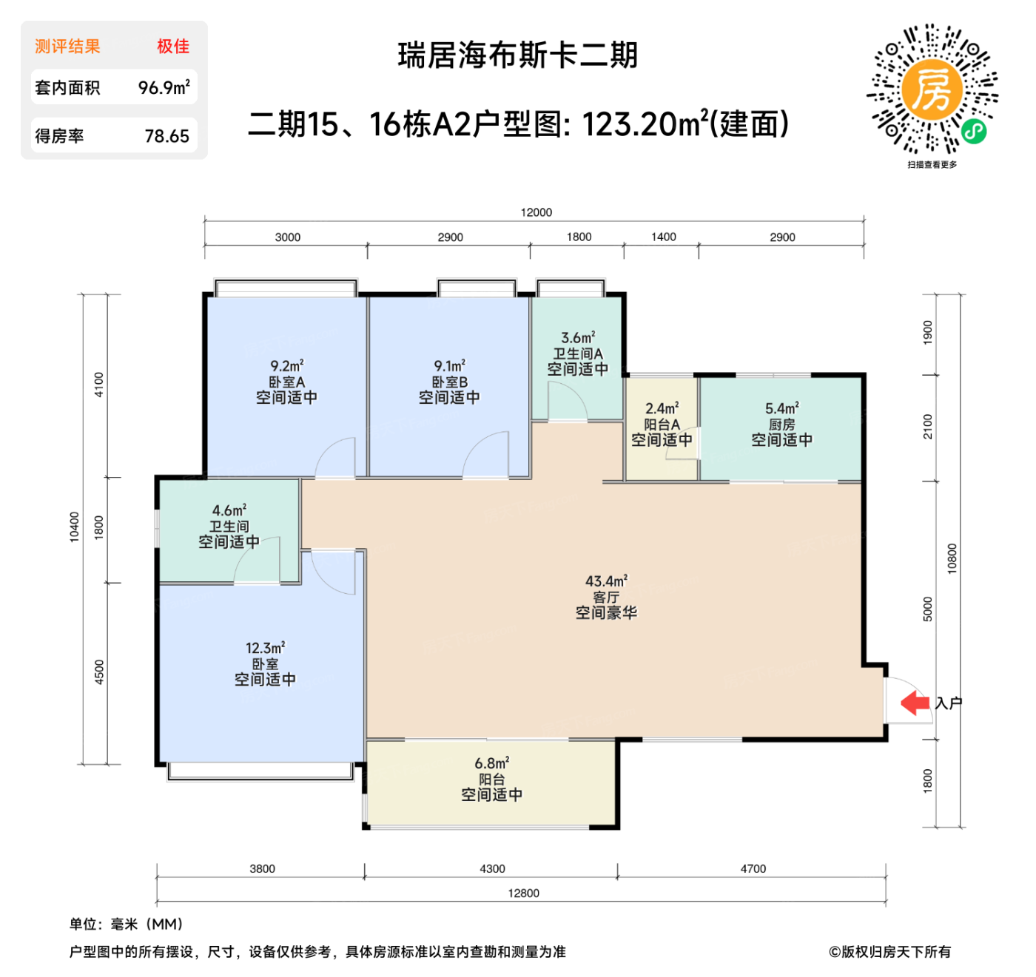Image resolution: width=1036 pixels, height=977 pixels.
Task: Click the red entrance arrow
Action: tap(915, 703)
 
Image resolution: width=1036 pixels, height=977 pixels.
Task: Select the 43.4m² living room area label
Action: tap(606, 581)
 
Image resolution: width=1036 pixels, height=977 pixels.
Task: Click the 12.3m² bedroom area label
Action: tap(265, 648)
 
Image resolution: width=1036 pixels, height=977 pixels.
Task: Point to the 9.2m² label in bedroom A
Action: tap(286, 366)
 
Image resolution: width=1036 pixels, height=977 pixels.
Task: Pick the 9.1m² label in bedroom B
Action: tap(449, 366)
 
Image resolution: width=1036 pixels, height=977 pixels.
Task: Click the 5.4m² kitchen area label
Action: tap(781, 408)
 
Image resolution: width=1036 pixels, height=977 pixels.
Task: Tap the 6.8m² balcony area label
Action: tap(491, 763)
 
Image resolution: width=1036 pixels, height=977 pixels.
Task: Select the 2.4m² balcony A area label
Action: tap(662, 408)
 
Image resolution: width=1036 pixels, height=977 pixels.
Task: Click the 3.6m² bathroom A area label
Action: tap(577, 338)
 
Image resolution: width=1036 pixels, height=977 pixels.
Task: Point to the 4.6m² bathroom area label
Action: tap(229, 510)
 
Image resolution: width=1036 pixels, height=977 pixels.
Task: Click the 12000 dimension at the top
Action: tap(536, 212)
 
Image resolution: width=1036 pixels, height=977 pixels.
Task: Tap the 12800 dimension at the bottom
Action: tap(523, 893)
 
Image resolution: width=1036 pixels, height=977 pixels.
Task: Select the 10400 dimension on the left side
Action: tap(74, 527)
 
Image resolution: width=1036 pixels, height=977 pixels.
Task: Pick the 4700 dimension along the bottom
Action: tap(753, 869)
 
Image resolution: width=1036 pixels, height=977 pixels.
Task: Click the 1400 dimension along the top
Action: tap(663, 237)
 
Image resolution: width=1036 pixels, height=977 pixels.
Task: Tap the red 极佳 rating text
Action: tap(173, 47)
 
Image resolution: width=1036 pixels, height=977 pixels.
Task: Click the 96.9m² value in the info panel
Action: tap(164, 87)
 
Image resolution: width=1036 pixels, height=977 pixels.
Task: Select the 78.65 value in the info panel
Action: tap(166, 136)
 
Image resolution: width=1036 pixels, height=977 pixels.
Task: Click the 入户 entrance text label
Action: tap(948, 703)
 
